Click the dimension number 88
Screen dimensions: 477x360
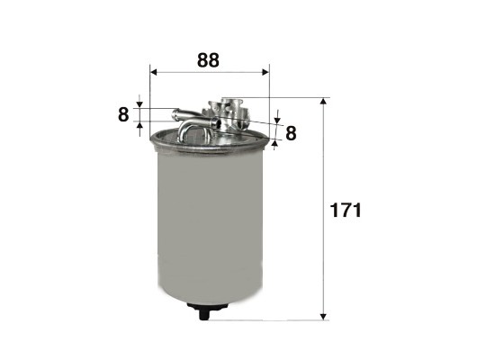[x=208, y=60]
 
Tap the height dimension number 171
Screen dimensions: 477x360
[x=346, y=210]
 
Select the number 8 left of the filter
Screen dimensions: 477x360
[x=123, y=115]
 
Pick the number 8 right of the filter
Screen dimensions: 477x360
[x=291, y=133]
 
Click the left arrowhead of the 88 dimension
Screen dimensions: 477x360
[x=154, y=72]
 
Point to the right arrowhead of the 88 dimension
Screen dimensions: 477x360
[x=265, y=72]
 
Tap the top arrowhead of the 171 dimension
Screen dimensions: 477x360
[x=324, y=101]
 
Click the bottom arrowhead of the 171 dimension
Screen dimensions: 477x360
[x=324, y=317]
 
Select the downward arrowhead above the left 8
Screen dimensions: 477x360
[x=139, y=104]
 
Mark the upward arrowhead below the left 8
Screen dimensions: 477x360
[x=139, y=125]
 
